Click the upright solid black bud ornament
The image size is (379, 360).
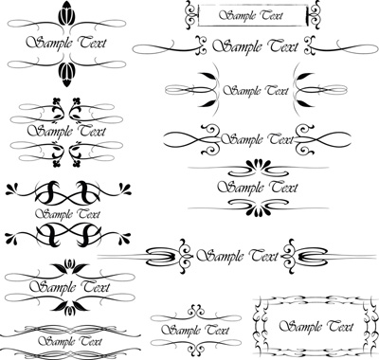(x=67, y=13)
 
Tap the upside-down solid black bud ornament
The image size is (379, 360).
(x=67, y=74)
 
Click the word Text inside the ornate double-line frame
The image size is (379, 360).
(x=339, y=326)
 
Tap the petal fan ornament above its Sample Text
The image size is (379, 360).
(x=258, y=167)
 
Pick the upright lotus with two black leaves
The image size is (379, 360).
(x=69, y=266)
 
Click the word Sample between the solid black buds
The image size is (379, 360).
(x=49, y=43)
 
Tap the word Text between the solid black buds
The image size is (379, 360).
(x=93, y=43)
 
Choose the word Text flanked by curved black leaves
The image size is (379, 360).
(x=277, y=91)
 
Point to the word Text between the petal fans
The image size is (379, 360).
(x=284, y=188)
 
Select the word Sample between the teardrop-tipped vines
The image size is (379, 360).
(x=54, y=214)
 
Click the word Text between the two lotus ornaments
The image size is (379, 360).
(x=95, y=287)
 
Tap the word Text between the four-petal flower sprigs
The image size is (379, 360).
(x=91, y=131)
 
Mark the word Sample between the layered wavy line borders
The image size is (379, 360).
(x=57, y=341)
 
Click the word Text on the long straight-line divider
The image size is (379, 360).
(x=262, y=255)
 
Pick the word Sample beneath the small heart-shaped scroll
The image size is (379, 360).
(x=181, y=331)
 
